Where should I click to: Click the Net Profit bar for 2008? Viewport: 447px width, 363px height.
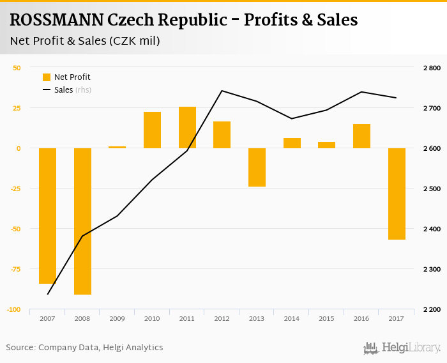pyautogui.click(x=82, y=221)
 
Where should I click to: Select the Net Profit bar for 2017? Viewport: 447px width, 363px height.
pyautogui.click(x=397, y=194)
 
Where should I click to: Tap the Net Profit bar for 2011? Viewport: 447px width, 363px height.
pyautogui.click(x=187, y=127)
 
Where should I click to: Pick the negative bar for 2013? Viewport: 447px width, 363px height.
pyautogui.click(x=257, y=167)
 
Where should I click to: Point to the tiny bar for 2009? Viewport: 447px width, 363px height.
pyautogui.click(x=117, y=147)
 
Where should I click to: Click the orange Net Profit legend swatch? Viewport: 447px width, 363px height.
pyautogui.click(x=47, y=77)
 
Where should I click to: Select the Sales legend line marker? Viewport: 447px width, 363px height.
pyautogui.click(x=47, y=90)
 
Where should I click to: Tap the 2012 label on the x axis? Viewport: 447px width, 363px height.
pyautogui.click(x=222, y=318)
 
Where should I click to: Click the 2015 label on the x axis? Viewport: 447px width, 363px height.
pyautogui.click(x=326, y=318)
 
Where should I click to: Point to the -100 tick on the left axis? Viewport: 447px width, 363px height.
pyautogui.click(x=13, y=309)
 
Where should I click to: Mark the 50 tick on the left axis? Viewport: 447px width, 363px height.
pyautogui.click(x=17, y=68)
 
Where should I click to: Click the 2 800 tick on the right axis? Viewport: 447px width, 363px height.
pyautogui.click(x=432, y=68)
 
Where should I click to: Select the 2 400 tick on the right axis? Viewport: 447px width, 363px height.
pyautogui.click(x=432, y=229)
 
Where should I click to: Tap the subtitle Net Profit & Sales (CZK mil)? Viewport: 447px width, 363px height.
pyautogui.click(x=85, y=42)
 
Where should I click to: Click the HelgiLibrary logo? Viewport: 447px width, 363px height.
pyautogui.click(x=402, y=348)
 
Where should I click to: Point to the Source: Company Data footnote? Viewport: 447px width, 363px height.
pyautogui.click(x=84, y=347)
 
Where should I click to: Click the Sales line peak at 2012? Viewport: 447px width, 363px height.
pyautogui.click(x=222, y=91)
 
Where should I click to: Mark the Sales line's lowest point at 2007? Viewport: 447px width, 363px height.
pyautogui.click(x=48, y=294)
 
